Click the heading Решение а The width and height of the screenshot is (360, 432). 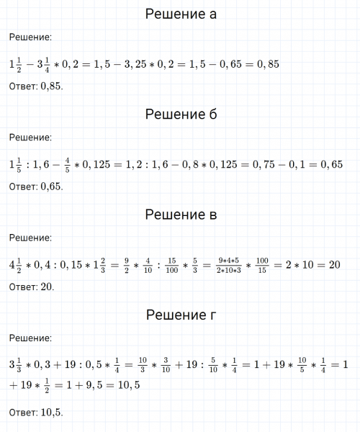(x=180, y=14)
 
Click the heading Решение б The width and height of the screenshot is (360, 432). (x=180, y=114)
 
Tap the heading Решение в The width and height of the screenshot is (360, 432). (x=180, y=215)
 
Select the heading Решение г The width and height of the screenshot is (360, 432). (x=180, y=315)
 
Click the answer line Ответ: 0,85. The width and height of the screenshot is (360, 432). (x=37, y=86)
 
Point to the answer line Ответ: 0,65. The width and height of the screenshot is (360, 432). (x=37, y=186)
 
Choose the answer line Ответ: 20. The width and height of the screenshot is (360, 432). (x=32, y=287)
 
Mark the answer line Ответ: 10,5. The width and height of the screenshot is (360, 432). (x=37, y=413)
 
